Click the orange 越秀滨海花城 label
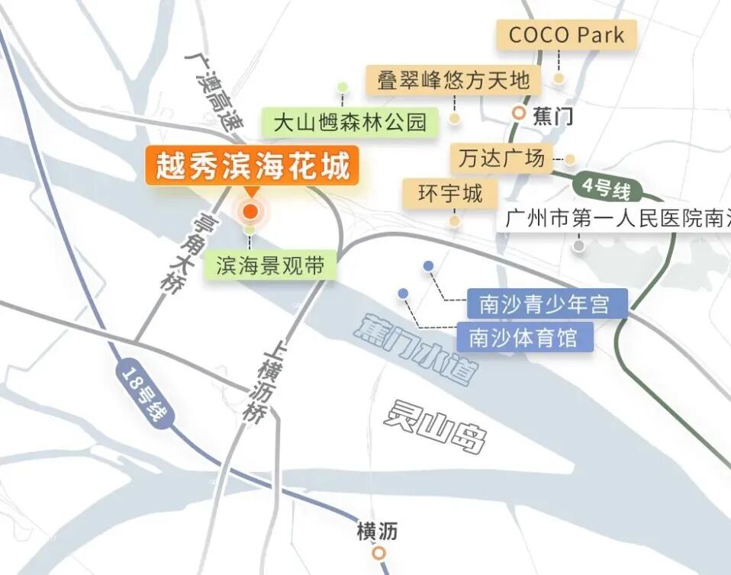tap(252, 166)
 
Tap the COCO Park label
tap(566, 35)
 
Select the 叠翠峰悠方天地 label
tap(453, 80)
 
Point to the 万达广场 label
tap(501, 158)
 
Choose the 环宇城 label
tap(450, 193)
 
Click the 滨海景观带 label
tap(270, 265)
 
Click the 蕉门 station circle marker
tap(519, 114)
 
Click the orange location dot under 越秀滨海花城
tap(250, 211)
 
